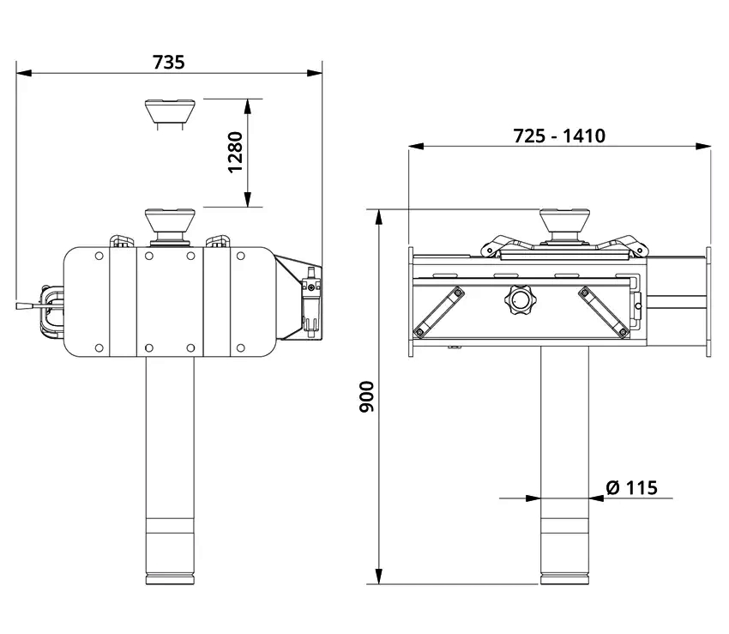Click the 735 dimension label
(x=169, y=62)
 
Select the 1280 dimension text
(x=236, y=152)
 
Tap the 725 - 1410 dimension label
(x=559, y=136)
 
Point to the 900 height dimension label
(x=367, y=396)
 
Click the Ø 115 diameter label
(x=632, y=487)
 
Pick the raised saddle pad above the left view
(x=170, y=112)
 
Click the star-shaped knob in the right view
(x=520, y=300)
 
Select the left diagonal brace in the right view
(x=439, y=311)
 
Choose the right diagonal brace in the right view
(x=604, y=311)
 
